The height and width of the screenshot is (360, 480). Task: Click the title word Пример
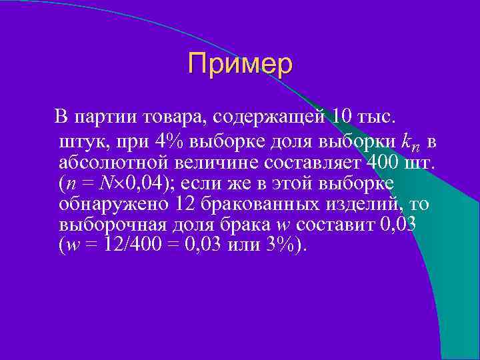click(240, 64)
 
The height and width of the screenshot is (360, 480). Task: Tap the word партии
click(105, 118)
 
